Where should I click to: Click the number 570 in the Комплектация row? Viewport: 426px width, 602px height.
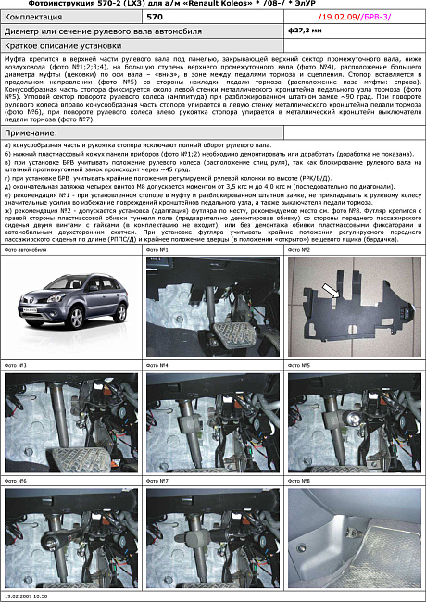tap(156, 17)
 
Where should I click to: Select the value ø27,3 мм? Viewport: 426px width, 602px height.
tap(303, 31)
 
